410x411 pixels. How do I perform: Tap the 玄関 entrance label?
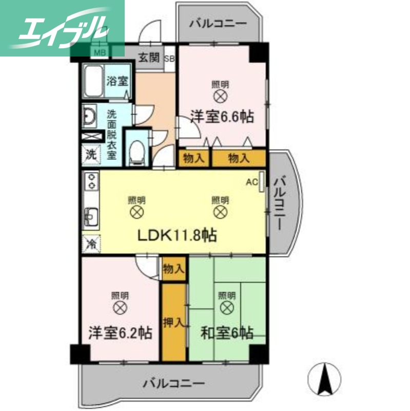tap(149, 58)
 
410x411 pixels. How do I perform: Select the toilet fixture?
tap(137, 153)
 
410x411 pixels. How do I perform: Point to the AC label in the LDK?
tap(251, 182)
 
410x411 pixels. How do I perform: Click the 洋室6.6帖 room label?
tap(222, 117)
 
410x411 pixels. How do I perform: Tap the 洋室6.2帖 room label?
tap(120, 332)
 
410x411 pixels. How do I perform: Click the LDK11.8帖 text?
tap(175, 235)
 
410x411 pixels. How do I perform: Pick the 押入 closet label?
tap(173, 323)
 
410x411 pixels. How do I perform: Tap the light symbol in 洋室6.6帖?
tap(221, 96)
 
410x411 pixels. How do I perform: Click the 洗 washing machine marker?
tap(91, 154)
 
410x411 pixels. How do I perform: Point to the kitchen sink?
tap(91, 216)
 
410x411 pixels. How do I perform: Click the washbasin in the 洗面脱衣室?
tap(89, 117)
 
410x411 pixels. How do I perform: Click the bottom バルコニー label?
tap(174, 383)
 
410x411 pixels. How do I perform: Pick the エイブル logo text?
tap(62, 28)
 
